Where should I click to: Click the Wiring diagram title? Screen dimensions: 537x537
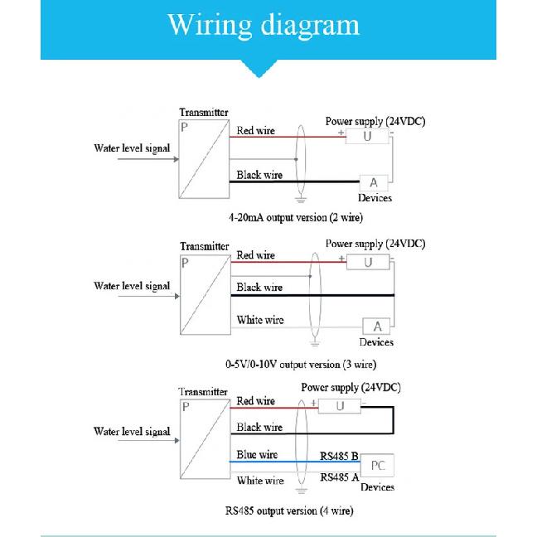[264, 25]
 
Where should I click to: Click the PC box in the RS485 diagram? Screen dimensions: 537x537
[377, 465]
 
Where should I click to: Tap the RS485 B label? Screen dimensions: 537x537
[339, 456]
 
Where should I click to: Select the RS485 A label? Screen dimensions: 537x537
[340, 477]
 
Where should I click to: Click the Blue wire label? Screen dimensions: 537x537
[257, 454]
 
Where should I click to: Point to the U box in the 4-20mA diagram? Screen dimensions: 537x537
[367, 136]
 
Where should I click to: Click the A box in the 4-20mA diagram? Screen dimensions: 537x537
[374, 182]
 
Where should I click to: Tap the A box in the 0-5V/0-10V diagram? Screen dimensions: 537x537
[377, 326]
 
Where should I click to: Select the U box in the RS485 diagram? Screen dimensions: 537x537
[340, 406]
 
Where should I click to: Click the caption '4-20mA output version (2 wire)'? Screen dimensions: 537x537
[296, 217]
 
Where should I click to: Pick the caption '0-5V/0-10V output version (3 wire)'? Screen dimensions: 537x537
[301, 364]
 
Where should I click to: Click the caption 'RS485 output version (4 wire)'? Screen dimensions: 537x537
[289, 510]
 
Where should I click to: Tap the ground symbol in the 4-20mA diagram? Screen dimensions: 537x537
[300, 199]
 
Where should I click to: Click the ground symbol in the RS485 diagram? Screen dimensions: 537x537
[301, 491]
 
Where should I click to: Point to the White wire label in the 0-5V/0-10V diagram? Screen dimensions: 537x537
[260, 320]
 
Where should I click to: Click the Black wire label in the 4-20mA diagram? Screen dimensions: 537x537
[259, 175]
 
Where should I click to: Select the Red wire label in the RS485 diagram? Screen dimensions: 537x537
[255, 401]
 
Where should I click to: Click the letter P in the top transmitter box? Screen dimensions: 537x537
[184, 128]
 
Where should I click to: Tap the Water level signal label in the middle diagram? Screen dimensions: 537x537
[132, 286]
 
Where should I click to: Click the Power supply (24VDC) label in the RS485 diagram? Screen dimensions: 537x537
[351, 387]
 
